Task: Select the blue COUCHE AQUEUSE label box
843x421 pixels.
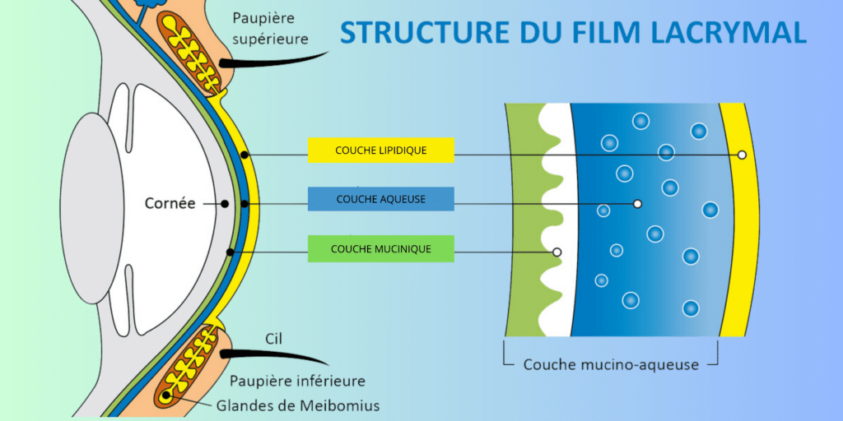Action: [380, 199]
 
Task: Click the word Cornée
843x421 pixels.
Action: [170, 203]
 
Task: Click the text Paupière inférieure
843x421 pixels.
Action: [298, 382]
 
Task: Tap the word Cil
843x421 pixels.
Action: [275, 338]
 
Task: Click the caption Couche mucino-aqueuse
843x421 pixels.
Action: [611, 364]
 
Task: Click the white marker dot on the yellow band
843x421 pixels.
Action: [742, 155]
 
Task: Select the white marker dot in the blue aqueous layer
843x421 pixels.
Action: [636, 203]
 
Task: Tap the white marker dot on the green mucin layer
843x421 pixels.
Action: [557, 252]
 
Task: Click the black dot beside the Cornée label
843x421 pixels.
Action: [225, 203]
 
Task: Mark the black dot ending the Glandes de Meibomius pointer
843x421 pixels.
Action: [167, 396]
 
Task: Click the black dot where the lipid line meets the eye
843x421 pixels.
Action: [245, 155]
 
